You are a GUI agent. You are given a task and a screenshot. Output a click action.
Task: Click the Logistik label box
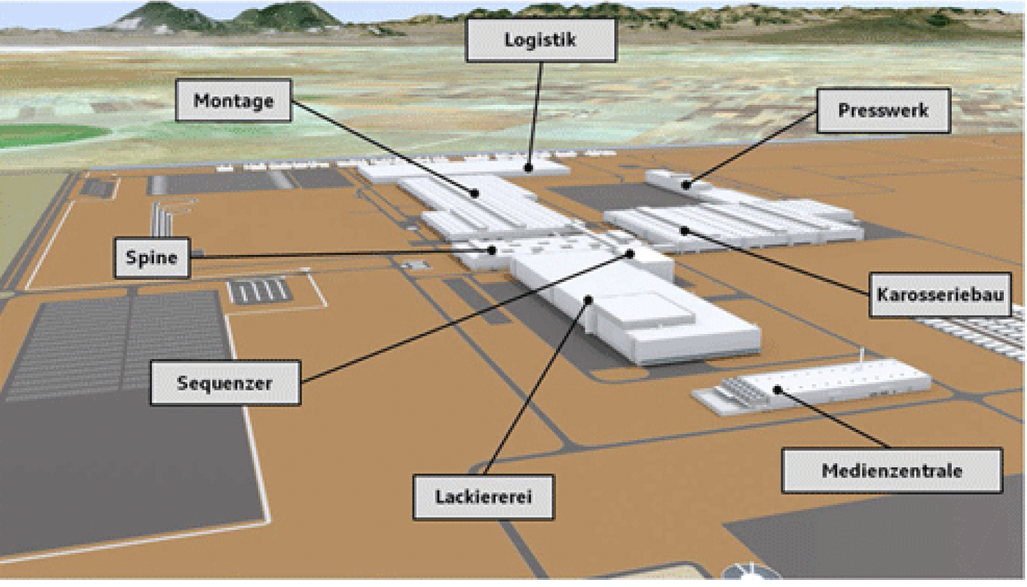(x=541, y=41)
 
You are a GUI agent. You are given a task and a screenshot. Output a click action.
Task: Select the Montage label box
(x=234, y=100)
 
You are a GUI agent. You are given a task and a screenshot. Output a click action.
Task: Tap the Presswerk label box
(x=884, y=111)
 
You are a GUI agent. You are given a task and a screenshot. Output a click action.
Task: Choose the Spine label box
(x=152, y=257)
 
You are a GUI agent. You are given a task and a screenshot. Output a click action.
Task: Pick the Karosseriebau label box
(x=940, y=295)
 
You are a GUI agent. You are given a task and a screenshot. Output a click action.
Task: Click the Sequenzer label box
(x=225, y=383)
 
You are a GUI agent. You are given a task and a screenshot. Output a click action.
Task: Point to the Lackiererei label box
(x=484, y=497)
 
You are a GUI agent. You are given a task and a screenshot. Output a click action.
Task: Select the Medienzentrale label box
(x=893, y=471)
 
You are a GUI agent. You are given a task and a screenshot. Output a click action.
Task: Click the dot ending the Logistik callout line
(x=529, y=168)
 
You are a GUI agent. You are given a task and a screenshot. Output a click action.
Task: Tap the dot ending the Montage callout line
(x=475, y=194)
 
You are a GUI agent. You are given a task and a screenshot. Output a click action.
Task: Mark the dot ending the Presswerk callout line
(x=686, y=185)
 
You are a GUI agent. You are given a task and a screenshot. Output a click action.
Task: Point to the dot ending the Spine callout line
(x=492, y=250)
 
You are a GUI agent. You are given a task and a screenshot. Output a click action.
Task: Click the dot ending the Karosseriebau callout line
(x=685, y=230)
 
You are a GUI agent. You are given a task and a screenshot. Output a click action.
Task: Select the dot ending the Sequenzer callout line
(x=631, y=254)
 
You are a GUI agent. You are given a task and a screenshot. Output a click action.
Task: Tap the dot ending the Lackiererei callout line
(x=589, y=300)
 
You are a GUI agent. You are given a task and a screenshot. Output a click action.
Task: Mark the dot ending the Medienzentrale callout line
(x=777, y=390)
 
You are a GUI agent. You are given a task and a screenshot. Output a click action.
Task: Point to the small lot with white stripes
(x=259, y=291)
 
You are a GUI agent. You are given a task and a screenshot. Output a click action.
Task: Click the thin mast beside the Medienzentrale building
(x=862, y=359)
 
